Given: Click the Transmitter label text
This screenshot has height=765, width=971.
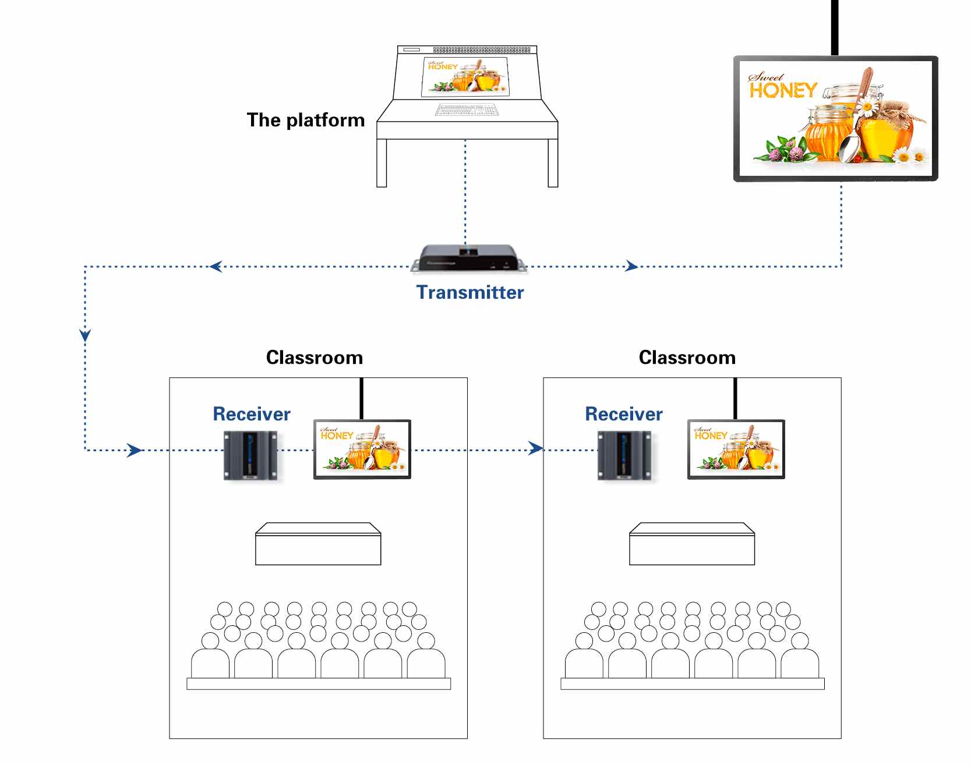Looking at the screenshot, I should pyautogui.click(x=470, y=292).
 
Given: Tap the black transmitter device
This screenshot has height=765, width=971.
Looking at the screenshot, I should pyautogui.click(x=468, y=259).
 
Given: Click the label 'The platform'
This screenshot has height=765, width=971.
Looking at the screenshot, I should pyautogui.click(x=306, y=120).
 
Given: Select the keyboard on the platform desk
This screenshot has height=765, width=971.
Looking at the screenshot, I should pyautogui.click(x=467, y=110).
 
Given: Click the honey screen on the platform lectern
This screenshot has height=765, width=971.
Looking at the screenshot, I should pyautogui.click(x=465, y=76).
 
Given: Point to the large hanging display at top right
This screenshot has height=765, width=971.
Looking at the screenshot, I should pyautogui.click(x=835, y=119).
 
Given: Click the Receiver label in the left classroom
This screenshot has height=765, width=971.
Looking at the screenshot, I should pyautogui.click(x=252, y=414).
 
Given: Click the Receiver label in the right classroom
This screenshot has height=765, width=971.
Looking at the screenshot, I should pyautogui.click(x=624, y=414).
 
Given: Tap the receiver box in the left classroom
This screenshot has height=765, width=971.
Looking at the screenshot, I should pyautogui.click(x=250, y=455).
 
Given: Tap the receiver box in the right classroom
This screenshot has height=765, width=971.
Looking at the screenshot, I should pyautogui.click(x=624, y=455).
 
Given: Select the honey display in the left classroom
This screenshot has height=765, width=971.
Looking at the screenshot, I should pyautogui.click(x=362, y=449).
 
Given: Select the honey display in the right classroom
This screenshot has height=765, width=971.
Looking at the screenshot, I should pyautogui.click(x=736, y=449).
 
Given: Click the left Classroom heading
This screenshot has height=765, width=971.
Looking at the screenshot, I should pyautogui.click(x=315, y=357).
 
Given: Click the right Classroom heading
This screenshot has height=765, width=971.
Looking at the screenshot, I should pyautogui.click(x=687, y=357).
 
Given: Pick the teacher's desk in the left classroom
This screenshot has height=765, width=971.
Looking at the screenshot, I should pyautogui.click(x=318, y=544).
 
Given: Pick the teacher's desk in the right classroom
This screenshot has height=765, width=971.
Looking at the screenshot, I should pyautogui.click(x=692, y=544).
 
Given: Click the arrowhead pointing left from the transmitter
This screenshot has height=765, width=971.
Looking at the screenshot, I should pyautogui.click(x=216, y=267).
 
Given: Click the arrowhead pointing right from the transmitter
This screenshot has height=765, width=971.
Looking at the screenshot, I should pyautogui.click(x=631, y=267).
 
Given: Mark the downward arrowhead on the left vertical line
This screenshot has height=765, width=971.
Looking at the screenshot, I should pyautogui.click(x=85, y=335).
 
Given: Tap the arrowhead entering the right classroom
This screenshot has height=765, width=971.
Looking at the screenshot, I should pyautogui.click(x=535, y=448).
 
